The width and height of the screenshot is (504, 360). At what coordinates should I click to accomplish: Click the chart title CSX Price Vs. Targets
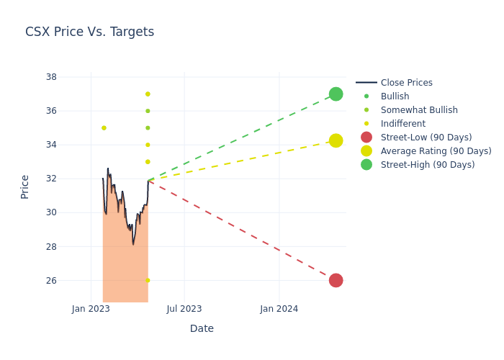(x=89, y=32)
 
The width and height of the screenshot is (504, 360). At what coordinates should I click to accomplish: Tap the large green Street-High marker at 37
(x=336, y=94)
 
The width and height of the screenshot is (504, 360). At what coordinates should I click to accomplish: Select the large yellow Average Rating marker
(x=336, y=140)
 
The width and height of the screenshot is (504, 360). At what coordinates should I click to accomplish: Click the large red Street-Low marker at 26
(x=336, y=280)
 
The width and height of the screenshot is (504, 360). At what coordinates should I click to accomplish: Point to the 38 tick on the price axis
(x=51, y=77)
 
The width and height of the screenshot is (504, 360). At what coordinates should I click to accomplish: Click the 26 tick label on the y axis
(x=51, y=280)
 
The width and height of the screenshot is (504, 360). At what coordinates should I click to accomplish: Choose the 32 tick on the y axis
(x=51, y=179)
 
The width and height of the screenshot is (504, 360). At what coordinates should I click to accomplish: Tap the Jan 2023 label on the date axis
(x=91, y=309)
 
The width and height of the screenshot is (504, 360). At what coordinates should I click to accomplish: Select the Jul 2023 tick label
(x=184, y=309)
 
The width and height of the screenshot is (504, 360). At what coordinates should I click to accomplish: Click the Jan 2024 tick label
(x=279, y=309)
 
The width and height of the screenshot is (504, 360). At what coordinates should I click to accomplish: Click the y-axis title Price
(x=25, y=186)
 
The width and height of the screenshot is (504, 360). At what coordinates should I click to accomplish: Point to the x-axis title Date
(x=202, y=328)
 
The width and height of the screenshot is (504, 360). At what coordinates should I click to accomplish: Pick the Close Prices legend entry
(x=406, y=83)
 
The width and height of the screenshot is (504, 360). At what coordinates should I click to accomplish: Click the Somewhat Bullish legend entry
(x=419, y=110)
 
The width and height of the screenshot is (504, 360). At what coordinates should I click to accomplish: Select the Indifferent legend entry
(x=402, y=124)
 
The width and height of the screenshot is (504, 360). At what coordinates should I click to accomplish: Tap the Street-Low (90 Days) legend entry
(x=426, y=138)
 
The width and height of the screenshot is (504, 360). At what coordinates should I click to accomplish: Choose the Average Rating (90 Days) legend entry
(x=436, y=151)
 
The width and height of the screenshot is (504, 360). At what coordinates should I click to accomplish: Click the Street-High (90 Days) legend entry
(x=428, y=165)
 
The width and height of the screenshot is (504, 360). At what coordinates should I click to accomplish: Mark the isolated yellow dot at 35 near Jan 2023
(x=104, y=128)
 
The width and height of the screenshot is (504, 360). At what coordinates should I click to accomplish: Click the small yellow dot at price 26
(x=148, y=280)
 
